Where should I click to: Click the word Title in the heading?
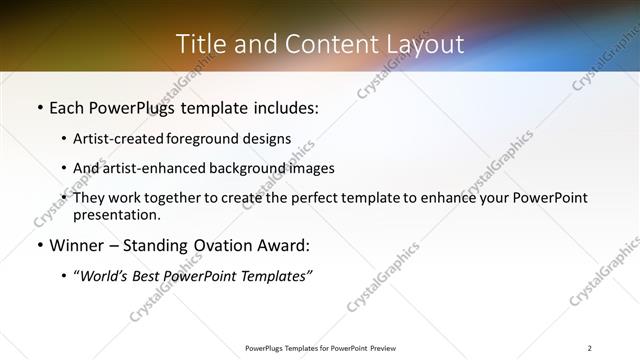coord(198,44)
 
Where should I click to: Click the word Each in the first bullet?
coord(67,107)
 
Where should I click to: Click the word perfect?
coord(322,198)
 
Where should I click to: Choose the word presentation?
coord(116,214)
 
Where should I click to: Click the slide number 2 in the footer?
coord(589,348)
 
